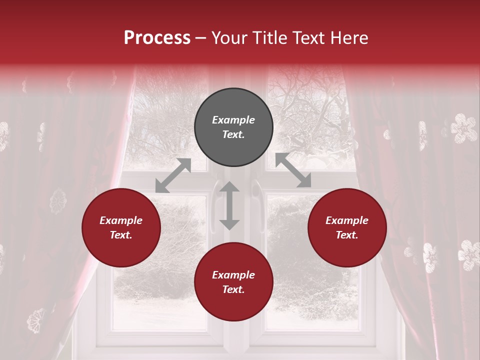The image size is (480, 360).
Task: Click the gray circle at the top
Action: click(233, 127)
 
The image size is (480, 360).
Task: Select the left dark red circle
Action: click(121, 227)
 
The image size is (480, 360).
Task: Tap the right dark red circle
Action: click(347, 227)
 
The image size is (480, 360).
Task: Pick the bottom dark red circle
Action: click(233, 282)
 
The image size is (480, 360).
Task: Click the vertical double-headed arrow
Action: click(229, 205)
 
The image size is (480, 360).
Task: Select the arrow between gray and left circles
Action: click(173, 175)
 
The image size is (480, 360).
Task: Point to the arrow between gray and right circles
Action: click(293, 170)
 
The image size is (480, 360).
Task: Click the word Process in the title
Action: click(157, 38)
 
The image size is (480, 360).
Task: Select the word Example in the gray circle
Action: click(233, 120)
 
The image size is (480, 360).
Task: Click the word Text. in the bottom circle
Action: click(233, 289)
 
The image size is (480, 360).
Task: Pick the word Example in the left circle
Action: click(121, 220)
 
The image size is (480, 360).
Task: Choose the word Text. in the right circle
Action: click(347, 235)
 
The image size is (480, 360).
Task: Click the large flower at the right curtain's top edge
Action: click(464, 128)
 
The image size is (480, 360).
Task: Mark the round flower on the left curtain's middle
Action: click(58, 201)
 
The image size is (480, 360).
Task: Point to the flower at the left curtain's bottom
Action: click(36, 320)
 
